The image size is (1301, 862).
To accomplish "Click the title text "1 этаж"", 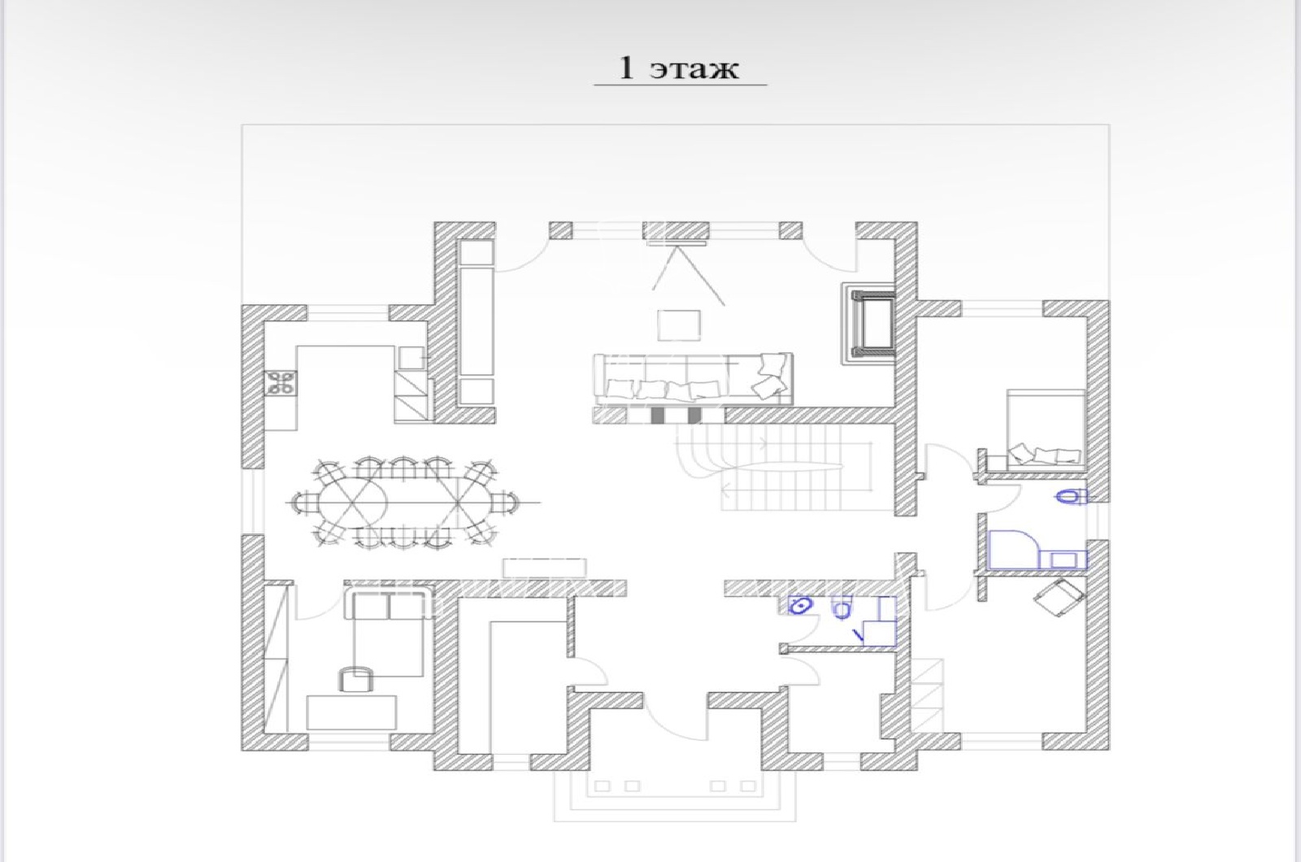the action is (x=679, y=68).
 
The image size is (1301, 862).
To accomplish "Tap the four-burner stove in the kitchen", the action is (x=281, y=383).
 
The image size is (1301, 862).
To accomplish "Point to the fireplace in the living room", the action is (x=868, y=324).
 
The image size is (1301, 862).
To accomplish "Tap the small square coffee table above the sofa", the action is (x=679, y=325).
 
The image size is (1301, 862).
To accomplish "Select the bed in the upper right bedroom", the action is (x=1046, y=428).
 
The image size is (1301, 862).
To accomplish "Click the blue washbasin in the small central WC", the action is (x=800, y=605).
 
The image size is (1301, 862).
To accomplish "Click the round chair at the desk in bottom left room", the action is (x=356, y=679).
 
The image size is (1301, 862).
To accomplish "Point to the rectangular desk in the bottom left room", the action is (x=351, y=712).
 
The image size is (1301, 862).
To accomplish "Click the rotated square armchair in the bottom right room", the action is (x=1060, y=598).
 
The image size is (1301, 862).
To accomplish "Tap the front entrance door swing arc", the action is (x=668, y=725).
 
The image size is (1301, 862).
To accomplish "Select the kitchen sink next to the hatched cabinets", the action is (x=411, y=358).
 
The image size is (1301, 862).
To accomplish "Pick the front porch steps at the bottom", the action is (x=675, y=796).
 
